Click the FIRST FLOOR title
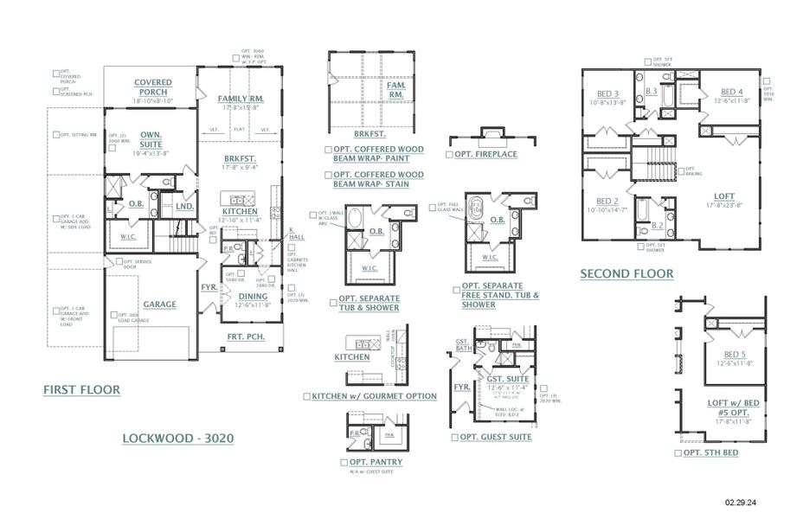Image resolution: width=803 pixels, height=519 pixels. pyautogui.click(x=82, y=390)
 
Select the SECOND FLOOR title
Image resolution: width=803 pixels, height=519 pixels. pyautogui.click(x=626, y=273)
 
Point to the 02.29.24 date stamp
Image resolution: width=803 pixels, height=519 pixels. pyautogui.click(x=742, y=501)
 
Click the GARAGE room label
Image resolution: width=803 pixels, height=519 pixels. pyautogui.click(x=160, y=304)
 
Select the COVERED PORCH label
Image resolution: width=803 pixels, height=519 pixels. pyautogui.click(x=153, y=87)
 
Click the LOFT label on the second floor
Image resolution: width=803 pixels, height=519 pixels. pyautogui.click(x=723, y=196)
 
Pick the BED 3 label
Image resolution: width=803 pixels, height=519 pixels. pyautogui.click(x=609, y=93)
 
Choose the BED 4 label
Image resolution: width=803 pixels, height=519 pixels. pyautogui.click(x=732, y=92)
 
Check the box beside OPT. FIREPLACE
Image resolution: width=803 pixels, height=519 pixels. pyautogui.click(x=448, y=154)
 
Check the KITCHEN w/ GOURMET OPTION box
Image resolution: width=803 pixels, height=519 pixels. pyautogui.click(x=306, y=395)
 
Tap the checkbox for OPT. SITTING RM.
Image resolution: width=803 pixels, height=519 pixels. pyautogui.click(x=56, y=135)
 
